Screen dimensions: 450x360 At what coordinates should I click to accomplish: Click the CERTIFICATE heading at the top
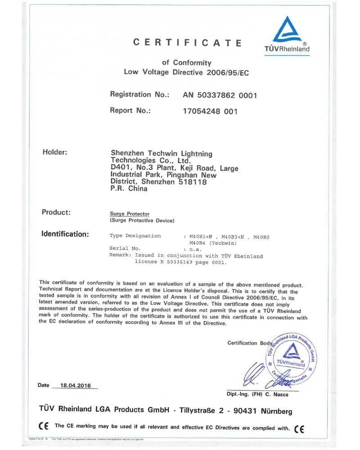188,43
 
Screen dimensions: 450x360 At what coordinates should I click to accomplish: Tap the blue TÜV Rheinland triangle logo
288,31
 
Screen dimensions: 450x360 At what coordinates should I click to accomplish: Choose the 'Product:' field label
56,212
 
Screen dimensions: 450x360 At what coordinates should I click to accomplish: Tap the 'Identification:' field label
65,234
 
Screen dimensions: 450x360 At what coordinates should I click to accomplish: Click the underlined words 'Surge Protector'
130,214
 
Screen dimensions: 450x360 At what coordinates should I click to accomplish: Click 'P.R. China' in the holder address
129,189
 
